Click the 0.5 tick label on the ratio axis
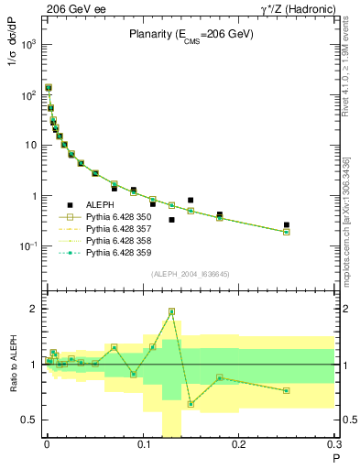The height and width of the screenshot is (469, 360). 29,420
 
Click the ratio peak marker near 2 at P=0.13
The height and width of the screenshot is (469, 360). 171,311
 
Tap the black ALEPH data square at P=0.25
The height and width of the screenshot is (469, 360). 287,224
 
